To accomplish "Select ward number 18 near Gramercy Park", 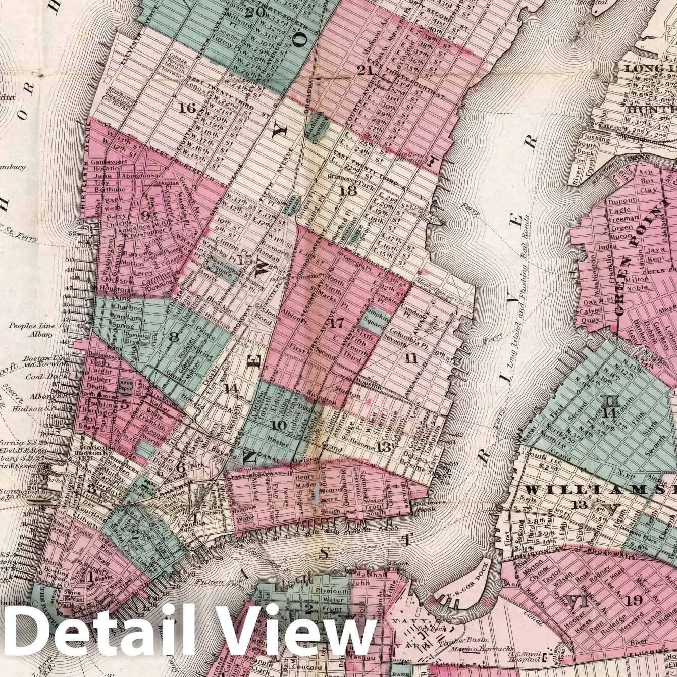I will point(348,191).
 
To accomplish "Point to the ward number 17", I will point(334,325).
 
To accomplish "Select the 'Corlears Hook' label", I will point(428,508).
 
